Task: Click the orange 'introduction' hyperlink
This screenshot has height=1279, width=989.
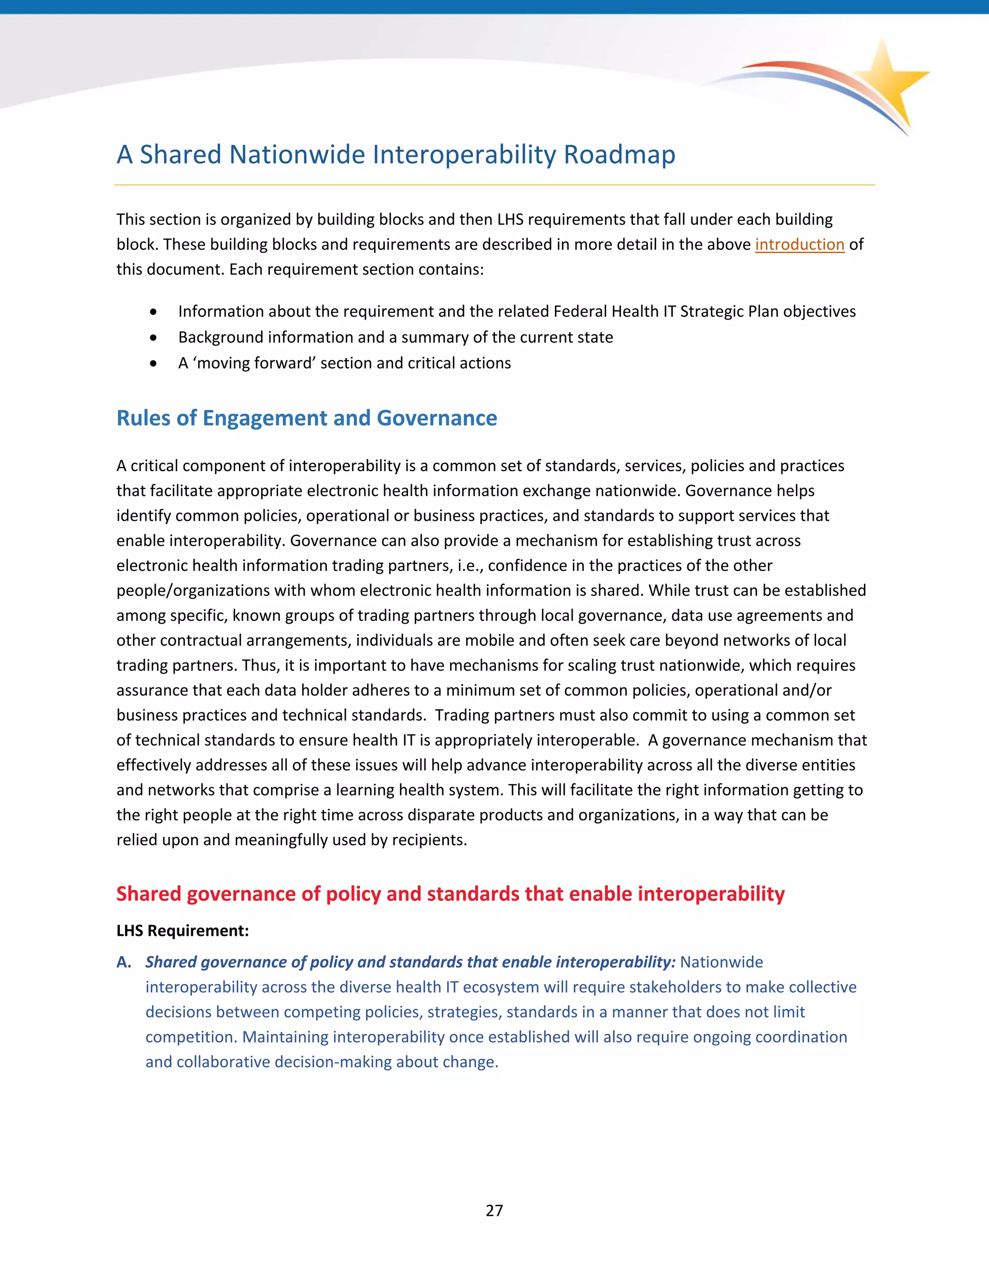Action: pos(799,244)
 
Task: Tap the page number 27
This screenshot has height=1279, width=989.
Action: pos(494,1210)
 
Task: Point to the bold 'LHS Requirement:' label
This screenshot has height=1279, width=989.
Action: pos(182,931)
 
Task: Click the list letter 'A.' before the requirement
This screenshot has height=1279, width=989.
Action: pos(124,962)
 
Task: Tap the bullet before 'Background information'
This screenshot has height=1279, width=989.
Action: pos(154,338)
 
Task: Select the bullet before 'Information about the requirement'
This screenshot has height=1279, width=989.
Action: pos(154,312)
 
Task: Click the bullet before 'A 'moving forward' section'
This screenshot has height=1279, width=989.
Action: pos(154,364)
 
